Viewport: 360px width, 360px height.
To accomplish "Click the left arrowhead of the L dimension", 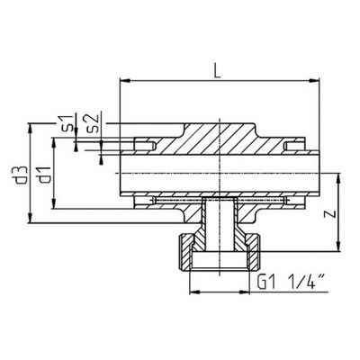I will point(123,81).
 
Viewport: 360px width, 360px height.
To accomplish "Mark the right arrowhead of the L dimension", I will point(318,81).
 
